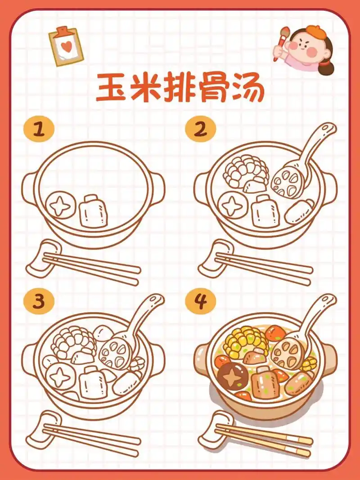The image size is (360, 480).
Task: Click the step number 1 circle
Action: pyautogui.click(x=39, y=129)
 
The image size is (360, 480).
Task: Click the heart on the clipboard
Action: pyautogui.click(x=66, y=46)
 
